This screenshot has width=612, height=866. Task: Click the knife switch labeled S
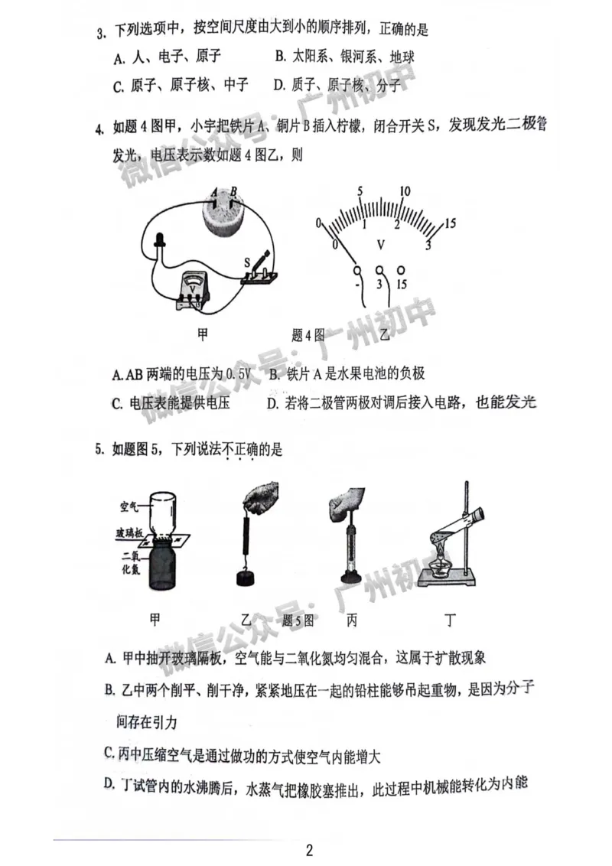(259, 270)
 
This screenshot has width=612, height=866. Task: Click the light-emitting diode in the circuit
(161, 244)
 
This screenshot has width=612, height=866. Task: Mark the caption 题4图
(309, 334)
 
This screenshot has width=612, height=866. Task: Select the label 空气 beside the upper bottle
(129, 506)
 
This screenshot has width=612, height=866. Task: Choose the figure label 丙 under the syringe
(351, 620)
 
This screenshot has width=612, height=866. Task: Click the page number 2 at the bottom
(309, 850)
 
